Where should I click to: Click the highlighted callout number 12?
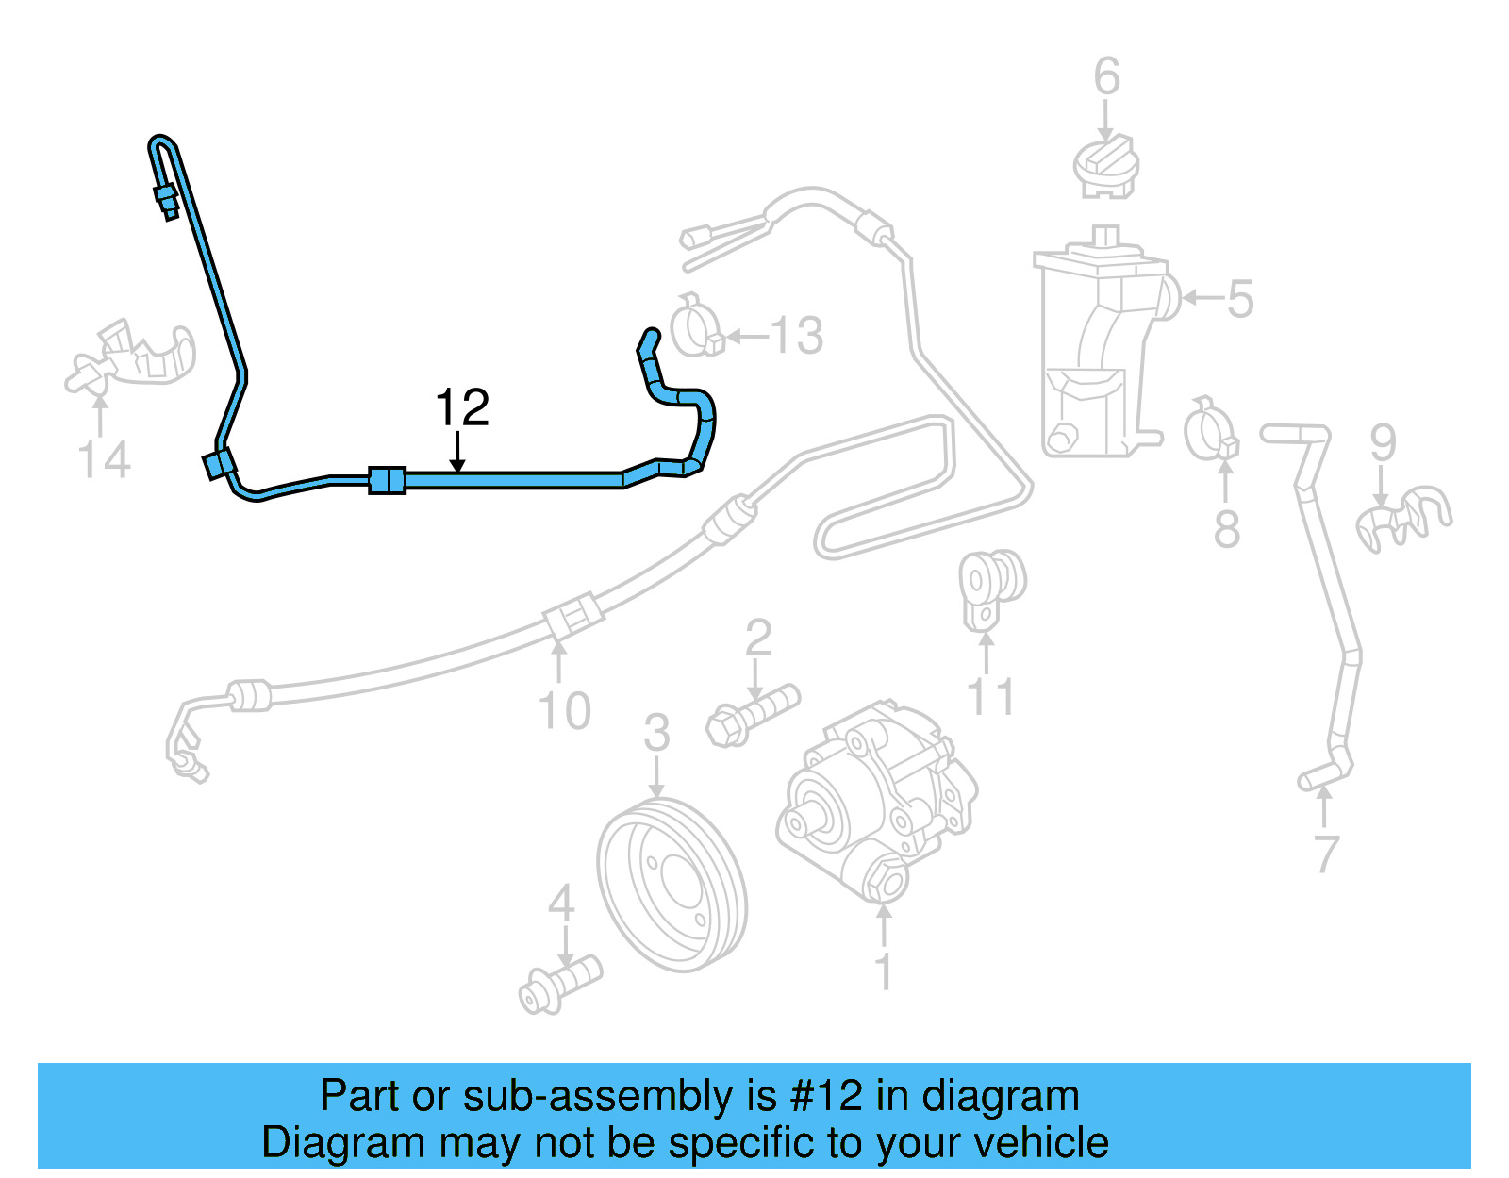tap(462, 408)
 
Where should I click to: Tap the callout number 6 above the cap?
tap(1106, 77)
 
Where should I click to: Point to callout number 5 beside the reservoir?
tap(1239, 299)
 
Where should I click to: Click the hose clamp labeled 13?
tap(696, 326)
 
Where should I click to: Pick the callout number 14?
tap(103, 460)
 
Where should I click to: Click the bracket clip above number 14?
tap(132, 356)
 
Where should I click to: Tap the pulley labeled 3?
tap(672, 884)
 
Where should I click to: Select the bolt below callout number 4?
tap(559, 985)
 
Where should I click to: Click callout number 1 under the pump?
tap(884, 971)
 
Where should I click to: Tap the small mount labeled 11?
tap(991, 587)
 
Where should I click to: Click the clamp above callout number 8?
tap(1211, 431)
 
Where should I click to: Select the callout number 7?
tap(1326, 854)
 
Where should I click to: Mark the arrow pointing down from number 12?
tap(457, 453)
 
